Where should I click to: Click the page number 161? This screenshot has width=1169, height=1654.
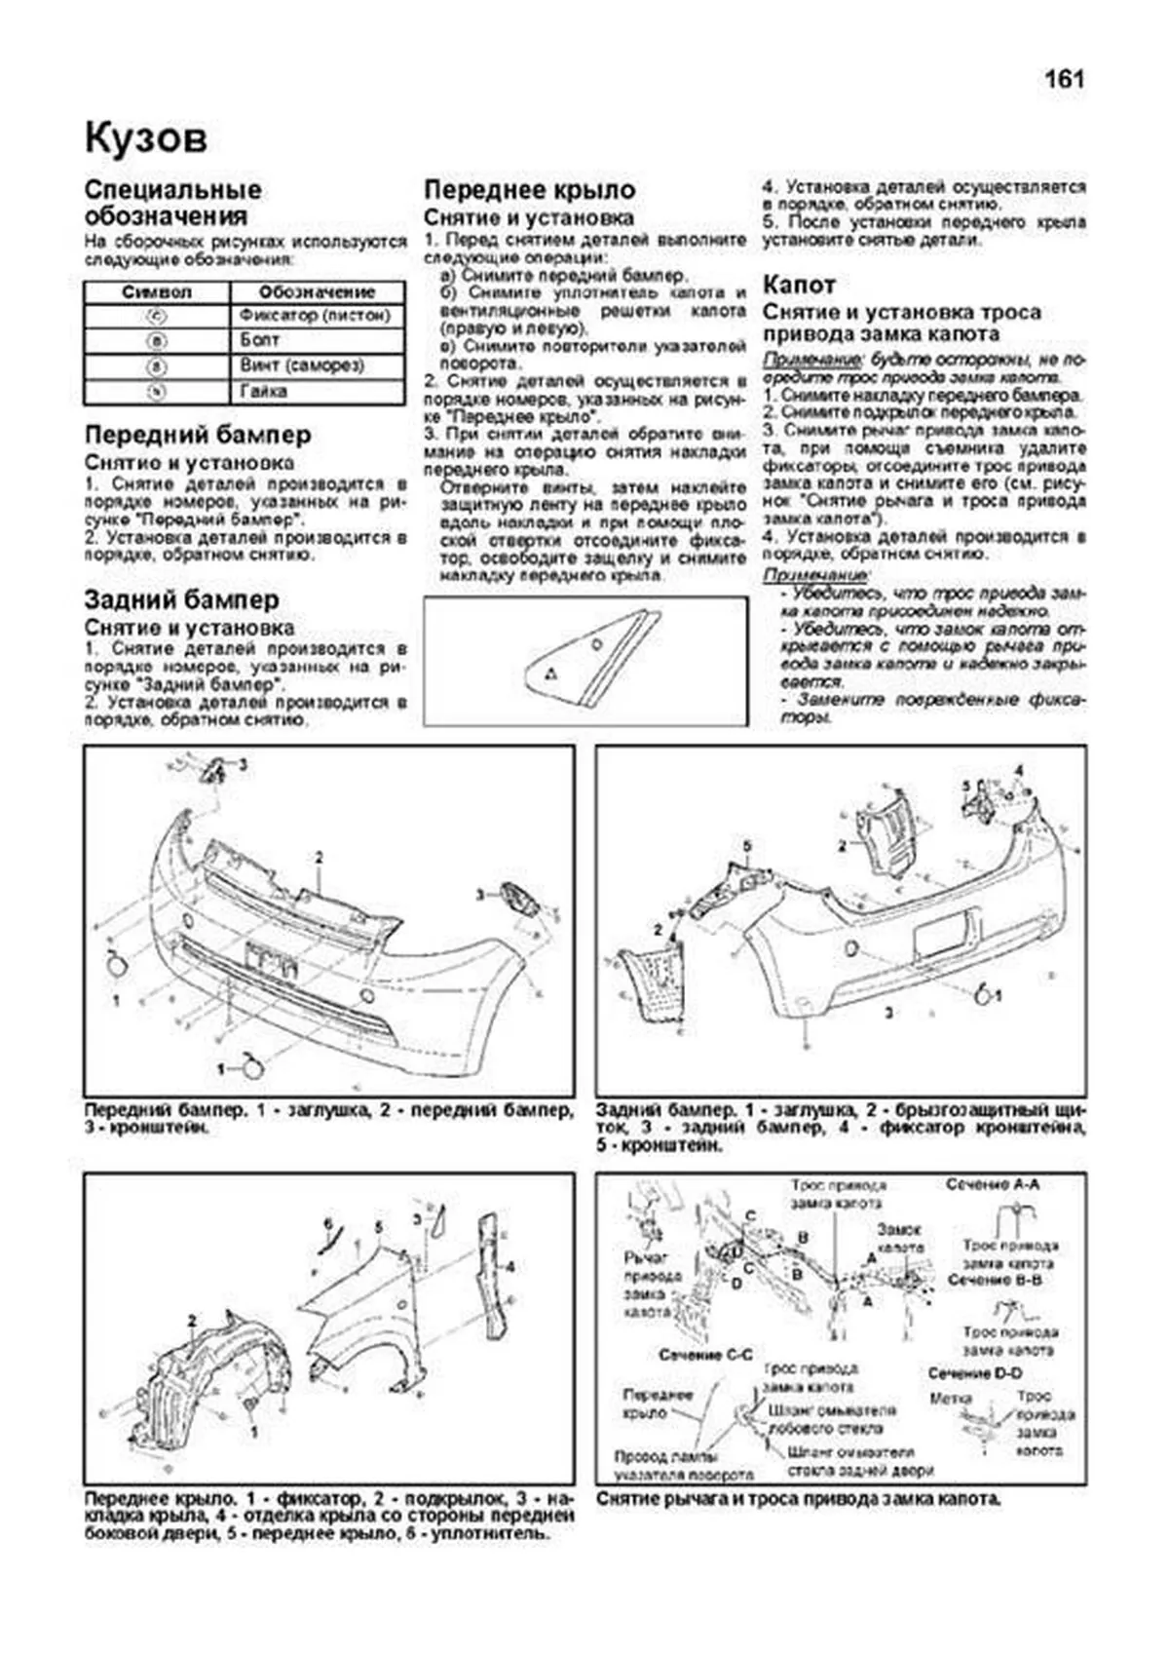coord(1064,80)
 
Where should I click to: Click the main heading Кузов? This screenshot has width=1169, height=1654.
coord(146,138)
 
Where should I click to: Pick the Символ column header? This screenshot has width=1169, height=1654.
coord(157,291)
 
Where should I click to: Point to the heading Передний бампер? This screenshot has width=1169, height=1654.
coord(198,435)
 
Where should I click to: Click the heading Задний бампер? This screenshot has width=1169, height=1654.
coord(181,600)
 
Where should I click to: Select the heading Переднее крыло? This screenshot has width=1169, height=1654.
coord(529,190)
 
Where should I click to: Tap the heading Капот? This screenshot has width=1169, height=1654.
coord(798,285)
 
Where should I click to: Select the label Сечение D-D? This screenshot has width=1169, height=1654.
coord(975,1373)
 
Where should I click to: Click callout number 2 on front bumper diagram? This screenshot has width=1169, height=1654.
coord(318,858)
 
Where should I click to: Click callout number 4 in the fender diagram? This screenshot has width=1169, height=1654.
coord(510,1267)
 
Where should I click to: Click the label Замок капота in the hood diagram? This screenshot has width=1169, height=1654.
coord(899,1238)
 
